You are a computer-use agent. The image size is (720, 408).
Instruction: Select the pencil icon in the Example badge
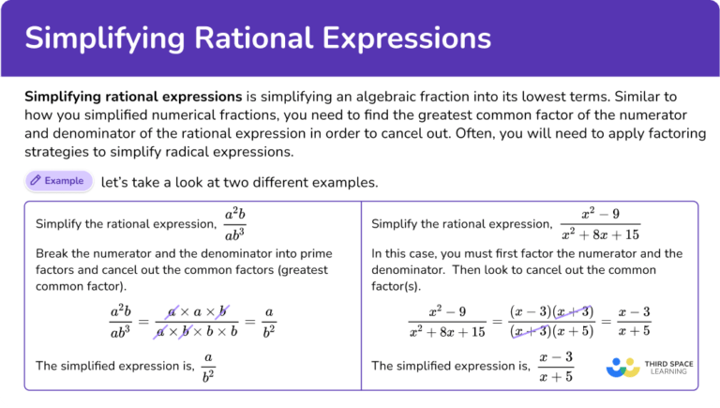[35, 180]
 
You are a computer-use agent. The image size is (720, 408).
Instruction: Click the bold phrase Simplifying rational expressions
[133, 97]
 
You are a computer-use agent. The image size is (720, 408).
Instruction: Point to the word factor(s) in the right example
[397, 286]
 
